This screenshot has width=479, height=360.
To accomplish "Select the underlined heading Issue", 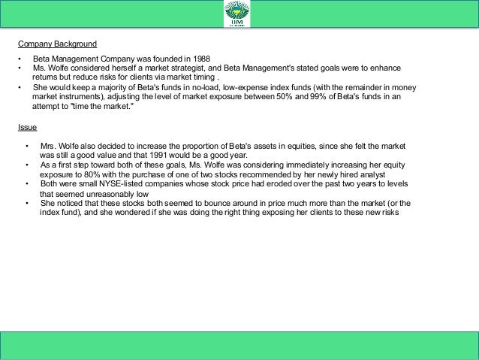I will coord(28,127).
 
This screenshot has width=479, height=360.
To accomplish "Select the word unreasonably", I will coord(109,192).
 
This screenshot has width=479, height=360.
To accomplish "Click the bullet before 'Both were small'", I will coord(27,183).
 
